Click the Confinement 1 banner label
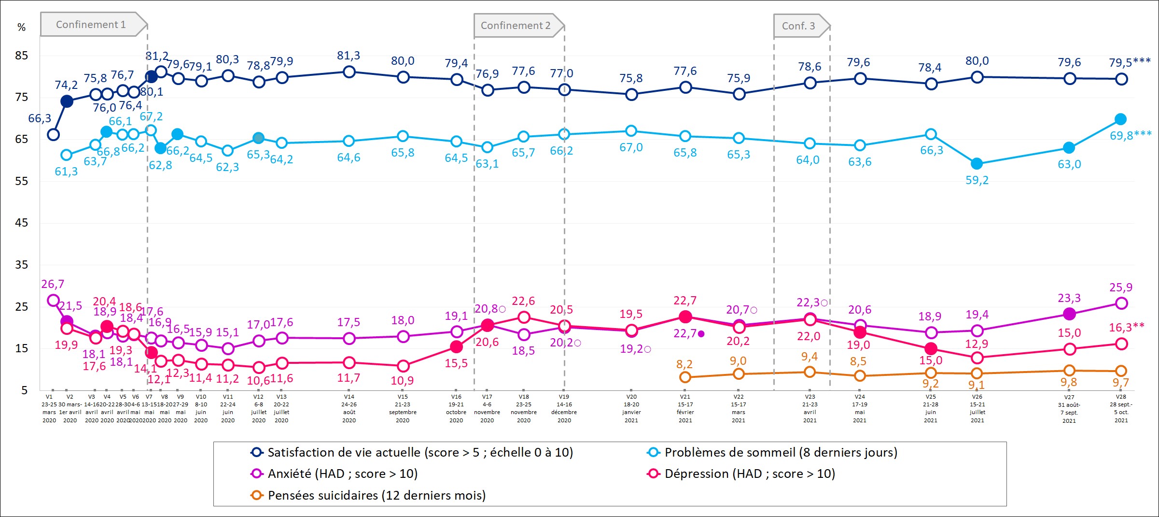click(x=91, y=25)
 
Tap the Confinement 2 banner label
click(x=516, y=26)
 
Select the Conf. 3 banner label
click(x=798, y=26)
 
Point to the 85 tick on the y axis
click(x=22, y=56)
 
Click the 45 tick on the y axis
click(x=22, y=223)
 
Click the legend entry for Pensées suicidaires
click(x=377, y=495)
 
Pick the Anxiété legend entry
click(x=342, y=474)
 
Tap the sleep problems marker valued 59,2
click(x=977, y=164)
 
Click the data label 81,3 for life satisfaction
click(x=349, y=56)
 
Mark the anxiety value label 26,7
click(x=53, y=284)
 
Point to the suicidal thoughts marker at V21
click(x=685, y=377)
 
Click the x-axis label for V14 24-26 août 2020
click(x=349, y=408)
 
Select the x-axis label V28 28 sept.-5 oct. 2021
click(x=1121, y=409)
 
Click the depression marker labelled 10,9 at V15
click(x=403, y=366)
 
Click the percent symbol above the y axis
click(x=22, y=28)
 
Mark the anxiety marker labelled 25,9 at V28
click(x=1121, y=303)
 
